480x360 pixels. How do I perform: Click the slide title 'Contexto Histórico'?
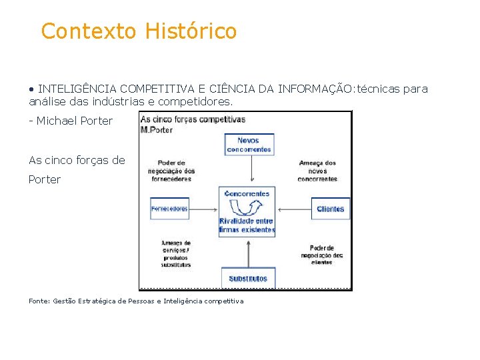[139, 31]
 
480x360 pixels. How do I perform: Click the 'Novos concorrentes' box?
[249, 145]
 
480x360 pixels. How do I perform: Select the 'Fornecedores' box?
[169, 209]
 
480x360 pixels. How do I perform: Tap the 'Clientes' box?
[330, 209]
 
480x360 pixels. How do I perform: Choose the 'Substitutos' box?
[248, 278]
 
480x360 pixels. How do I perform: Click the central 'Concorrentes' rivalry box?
[247, 211]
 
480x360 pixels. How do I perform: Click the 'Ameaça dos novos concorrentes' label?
[317, 171]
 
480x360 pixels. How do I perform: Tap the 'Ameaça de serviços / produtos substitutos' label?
[176, 253]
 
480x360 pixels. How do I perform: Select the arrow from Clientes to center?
[293, 209]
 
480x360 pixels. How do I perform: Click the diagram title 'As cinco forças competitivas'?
[193, 120]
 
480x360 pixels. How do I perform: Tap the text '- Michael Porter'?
[71, 121]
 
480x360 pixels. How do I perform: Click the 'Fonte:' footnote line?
[136, 301]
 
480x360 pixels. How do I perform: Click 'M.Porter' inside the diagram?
[157, 129]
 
